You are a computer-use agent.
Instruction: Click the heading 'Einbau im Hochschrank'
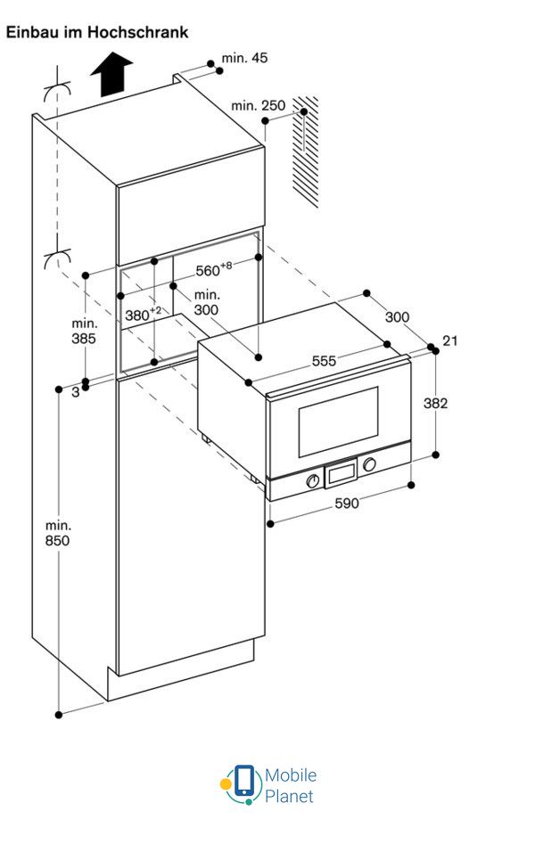(97, 32)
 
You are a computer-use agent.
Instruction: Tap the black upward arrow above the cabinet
(111, 74)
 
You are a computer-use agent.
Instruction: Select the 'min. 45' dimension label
(244, 59)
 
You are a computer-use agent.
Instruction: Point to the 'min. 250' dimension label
(259, 106)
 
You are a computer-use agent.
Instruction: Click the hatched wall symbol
(306, 152)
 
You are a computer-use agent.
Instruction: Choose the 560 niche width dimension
(214, 271)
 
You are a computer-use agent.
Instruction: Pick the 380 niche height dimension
(143, 314)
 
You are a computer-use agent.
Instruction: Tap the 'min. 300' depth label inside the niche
(207, 302)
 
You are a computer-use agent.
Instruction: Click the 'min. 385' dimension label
(85, 331)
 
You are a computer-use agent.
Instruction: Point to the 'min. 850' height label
(59, 533)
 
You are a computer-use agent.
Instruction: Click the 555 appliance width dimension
(324, 361)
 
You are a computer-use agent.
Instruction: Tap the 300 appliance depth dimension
(398, 317)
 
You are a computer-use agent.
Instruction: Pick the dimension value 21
(449, 341)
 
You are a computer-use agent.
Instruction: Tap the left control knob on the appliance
(313, 481)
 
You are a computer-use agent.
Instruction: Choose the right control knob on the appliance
(369, 465)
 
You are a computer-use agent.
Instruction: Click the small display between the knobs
(341, 473)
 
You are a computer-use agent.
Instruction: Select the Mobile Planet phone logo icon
(242, 783)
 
